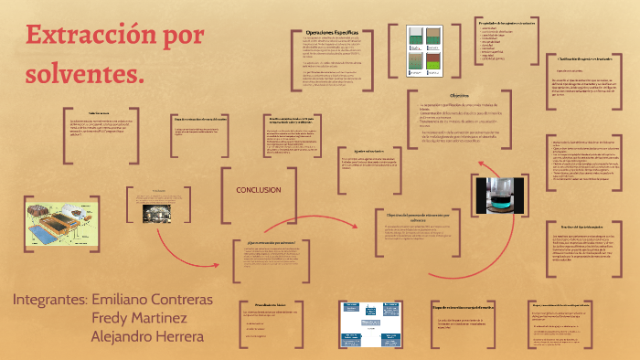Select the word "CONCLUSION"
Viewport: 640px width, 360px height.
click(258, 190)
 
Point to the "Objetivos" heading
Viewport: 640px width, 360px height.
click(458, 95)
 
